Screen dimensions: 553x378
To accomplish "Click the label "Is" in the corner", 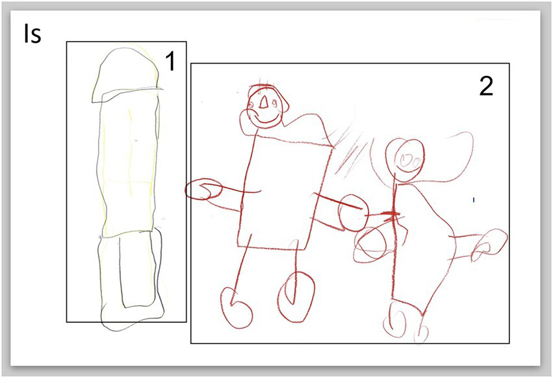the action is pyautogui.click(x=32, y=34).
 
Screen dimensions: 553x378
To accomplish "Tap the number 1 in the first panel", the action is pyautogui.click(x=170, y=60).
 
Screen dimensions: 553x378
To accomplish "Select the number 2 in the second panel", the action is pyautogui.click(x=486, y=86).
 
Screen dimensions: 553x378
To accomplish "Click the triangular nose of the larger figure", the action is pyautogui.click(x=264, y=102).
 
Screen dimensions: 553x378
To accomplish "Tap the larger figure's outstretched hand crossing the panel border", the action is pyautogui.click(x=203, y=190).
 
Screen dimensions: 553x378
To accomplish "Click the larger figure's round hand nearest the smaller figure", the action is pyautogui.click(x=353, y=212).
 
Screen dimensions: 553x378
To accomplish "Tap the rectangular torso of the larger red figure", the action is pyautogui.click(x=285, y=194).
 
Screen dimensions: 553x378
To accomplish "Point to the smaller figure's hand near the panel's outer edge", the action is pyautogui.click(x=489, y=244).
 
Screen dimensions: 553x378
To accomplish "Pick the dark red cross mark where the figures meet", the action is pyautogui.click(x=391, y=214).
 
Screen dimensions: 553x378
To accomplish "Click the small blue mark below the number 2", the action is pyautogui.click(x=474, y=200).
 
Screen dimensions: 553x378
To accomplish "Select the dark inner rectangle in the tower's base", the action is pyautogui.click(x=138, y=269).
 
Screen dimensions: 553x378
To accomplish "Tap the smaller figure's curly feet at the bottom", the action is pyautogui.click(x=405, y=321).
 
